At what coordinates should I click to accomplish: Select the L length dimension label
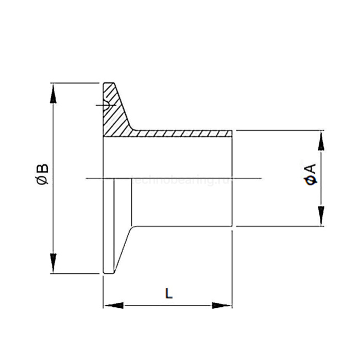pos(168,293)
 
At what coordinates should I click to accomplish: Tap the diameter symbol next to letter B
pos(43,180)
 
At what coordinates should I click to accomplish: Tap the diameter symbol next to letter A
pos(310,180)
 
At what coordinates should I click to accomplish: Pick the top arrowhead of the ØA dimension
pos(321,140)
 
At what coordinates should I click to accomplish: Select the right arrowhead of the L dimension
pos(222,306)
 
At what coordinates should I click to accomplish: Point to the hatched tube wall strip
pos(180,133)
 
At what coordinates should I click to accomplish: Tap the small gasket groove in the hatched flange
pos(106,105)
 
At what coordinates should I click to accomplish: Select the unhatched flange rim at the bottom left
pos(109,232)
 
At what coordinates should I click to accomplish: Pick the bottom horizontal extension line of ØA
pos(278,226)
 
